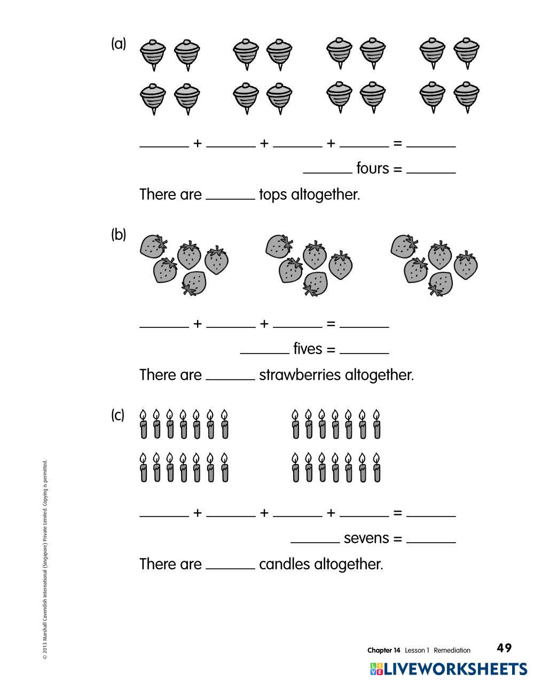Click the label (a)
coord(119,44)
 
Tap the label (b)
coord(119,234)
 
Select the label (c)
coord(118,415)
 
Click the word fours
coord(372,168)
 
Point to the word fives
coord(308,349)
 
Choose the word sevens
coord(366,538)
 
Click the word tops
coord(273,194)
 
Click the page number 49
coord(504,648)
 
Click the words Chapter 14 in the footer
coord(383,650)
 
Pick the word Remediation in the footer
coord(452,650)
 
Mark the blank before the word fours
coord(327,170)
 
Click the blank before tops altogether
coord(230,195)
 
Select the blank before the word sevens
coord(315,539)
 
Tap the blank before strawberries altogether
coord(230,376)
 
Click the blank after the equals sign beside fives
coord(364,350)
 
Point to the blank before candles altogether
coord(230,565)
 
